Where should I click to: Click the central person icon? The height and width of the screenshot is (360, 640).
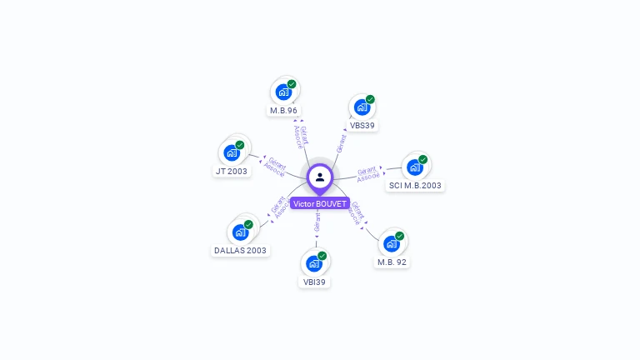(x=320, y=177)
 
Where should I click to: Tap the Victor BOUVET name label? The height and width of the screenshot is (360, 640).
(x=320, y=203)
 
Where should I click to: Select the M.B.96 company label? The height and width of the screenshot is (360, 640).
(x=283, y=110)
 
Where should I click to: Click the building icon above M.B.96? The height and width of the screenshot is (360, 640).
(x=283, y=92)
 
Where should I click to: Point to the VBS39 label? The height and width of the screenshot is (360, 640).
(x=362, y=126)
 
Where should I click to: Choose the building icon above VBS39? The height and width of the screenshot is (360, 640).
(x=362, y=107)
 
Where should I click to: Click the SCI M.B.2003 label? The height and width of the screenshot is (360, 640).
(x=415, y=186)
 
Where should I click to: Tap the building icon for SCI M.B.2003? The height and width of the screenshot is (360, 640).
(x=414, y=167)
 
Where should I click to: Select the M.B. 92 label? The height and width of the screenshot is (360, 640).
(x=392, y=262)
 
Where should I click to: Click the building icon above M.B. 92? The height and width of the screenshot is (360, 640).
(x=391, y=243)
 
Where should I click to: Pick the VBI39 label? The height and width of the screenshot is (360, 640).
(x=314, y=282)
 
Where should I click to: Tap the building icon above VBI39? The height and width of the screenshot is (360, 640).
(x=314, y=263)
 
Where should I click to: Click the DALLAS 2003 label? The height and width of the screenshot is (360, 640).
(x=240, y=250)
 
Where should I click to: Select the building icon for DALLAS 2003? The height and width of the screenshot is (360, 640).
(x=240, y=232)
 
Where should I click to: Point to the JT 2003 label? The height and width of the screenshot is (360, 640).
(x=232, y=172)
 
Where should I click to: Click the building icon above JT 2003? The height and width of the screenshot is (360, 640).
(x=232, y=153)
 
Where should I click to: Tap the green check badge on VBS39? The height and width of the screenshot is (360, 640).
(x=370, y=99)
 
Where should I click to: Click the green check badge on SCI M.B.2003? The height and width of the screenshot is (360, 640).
(x=422, y=159)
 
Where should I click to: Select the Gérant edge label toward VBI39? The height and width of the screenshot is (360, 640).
(x=317, y=222)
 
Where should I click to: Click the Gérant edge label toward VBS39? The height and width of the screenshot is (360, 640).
(x=342, y=142)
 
